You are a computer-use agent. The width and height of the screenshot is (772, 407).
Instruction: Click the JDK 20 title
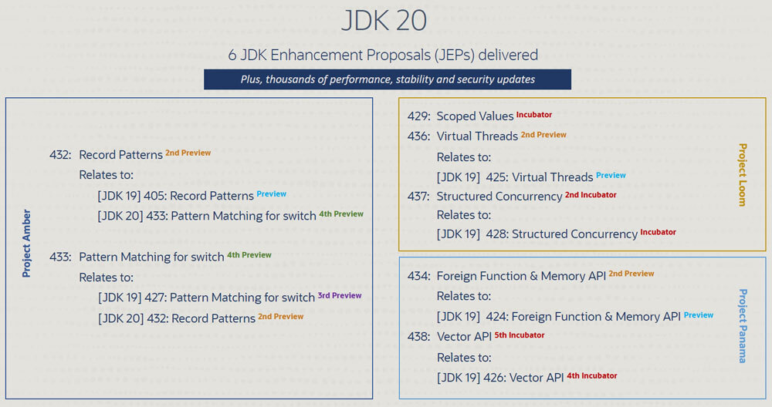[x=384, y=20]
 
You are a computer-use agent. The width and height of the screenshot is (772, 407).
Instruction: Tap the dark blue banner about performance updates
[x=388, y=79]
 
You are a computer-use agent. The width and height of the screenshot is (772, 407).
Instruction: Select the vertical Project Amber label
[x=26, y=244]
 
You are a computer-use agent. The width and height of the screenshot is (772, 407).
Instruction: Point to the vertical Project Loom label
[x=743, y=174]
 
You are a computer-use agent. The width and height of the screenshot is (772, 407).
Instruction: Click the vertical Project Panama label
[x=743, y=326]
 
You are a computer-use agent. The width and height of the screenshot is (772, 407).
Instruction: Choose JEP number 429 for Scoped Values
[x=418, y=116]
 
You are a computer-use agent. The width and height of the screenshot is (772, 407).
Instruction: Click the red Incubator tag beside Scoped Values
[x=534, y=115]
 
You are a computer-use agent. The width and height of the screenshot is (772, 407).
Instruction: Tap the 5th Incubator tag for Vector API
[x=520, y=335]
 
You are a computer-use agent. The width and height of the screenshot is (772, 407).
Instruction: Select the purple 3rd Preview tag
[x=340, y=295]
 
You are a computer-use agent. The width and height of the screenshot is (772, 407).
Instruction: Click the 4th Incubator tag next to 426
[x=592, y=375]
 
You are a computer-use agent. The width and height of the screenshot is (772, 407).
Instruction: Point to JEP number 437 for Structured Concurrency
[x=418, y=196]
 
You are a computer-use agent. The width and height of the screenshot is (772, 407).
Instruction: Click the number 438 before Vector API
[x=418, y=337]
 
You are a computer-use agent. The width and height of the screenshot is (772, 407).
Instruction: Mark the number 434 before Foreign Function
[x=418, y=276]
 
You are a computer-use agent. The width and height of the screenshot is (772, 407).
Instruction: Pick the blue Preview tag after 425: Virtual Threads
[x=611, y=175]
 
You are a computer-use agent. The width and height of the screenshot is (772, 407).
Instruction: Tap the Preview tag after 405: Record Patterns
[x=271, y=193]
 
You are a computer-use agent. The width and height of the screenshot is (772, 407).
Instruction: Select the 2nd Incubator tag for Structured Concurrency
[x=591, y=195]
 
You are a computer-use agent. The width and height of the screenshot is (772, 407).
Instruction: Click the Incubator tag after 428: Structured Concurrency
[x=659, y=232]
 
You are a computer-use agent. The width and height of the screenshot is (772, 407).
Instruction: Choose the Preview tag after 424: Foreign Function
[x=699, y=315]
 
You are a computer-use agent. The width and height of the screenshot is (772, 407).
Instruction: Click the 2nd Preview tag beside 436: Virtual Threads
[x=543, y=135]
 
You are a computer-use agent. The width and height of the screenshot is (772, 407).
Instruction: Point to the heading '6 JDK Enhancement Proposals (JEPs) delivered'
[x=383, y=55]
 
